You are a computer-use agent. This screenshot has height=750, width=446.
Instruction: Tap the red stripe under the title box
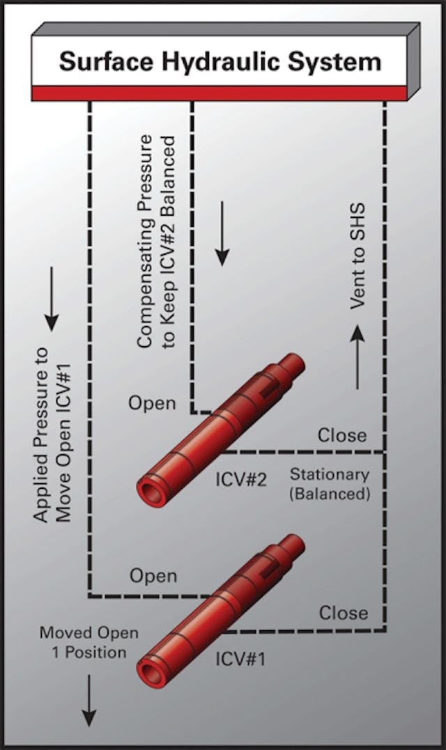pyautogui.click(x=220, y=93)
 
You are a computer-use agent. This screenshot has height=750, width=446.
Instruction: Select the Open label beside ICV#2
pyautogui.click(x=152, y=404)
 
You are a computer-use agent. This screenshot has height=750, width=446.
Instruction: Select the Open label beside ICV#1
pyautogui.click(x=153, y=576)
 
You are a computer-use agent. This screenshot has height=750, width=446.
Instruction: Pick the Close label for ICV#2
pyautogui.click(x=342, y=435)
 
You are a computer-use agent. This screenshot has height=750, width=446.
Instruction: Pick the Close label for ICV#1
pyautogui.click(x=343, y=613)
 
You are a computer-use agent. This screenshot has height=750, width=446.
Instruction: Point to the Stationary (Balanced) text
pyautogui.click(x=329, y=485)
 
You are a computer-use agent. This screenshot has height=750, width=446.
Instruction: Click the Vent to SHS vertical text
pyautogui.click(x=357, y=257)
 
